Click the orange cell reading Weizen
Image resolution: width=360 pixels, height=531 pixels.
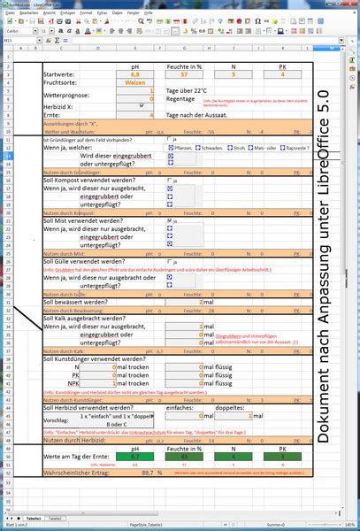pos(135,82)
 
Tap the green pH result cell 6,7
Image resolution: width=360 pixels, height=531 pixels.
pos(135,457)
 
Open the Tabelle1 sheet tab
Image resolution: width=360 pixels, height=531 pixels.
pos(33,516)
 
